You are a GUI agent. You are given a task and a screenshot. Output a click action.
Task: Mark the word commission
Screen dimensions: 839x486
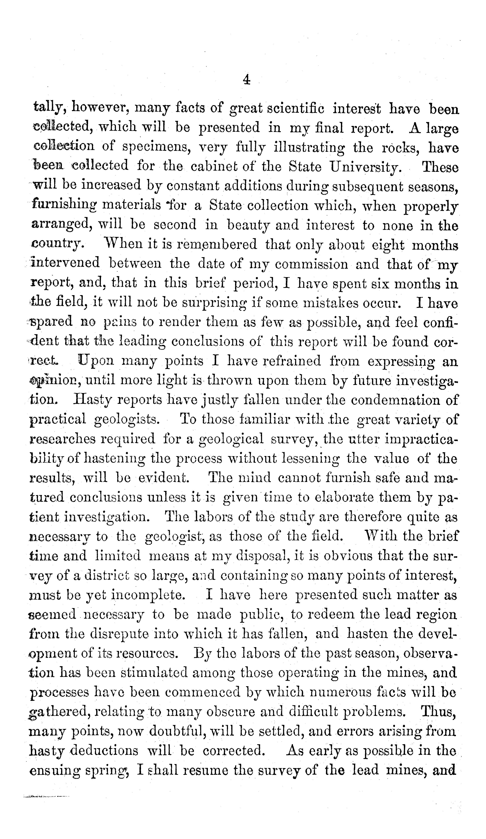[311, 264]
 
